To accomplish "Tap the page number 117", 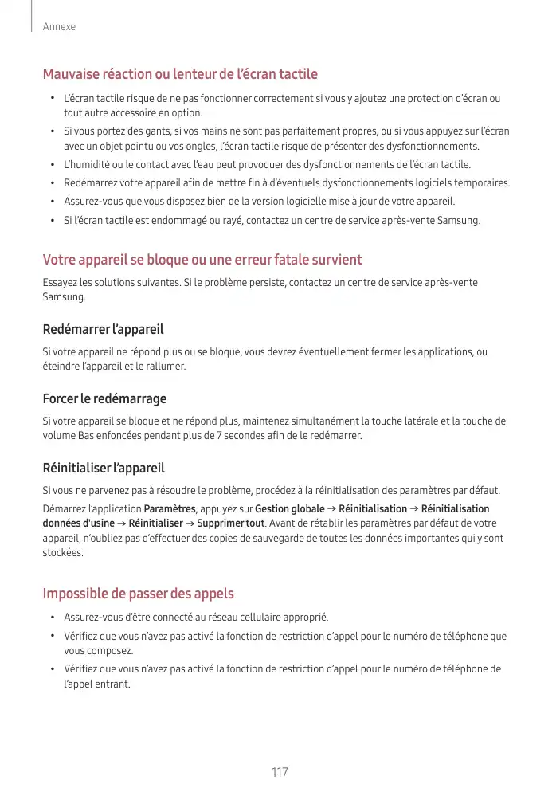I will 280,772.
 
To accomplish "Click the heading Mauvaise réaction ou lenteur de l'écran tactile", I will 180,74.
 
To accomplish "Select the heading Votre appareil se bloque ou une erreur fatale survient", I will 202,260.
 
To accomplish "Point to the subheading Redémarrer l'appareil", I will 103,329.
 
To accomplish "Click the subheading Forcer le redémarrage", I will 104,398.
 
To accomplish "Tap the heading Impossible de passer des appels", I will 138,594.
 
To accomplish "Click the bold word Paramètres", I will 170,509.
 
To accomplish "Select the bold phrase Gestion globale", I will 289,509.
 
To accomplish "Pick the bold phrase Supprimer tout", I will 231,523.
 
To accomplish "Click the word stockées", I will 62,552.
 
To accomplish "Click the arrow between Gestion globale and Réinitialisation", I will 331,509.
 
